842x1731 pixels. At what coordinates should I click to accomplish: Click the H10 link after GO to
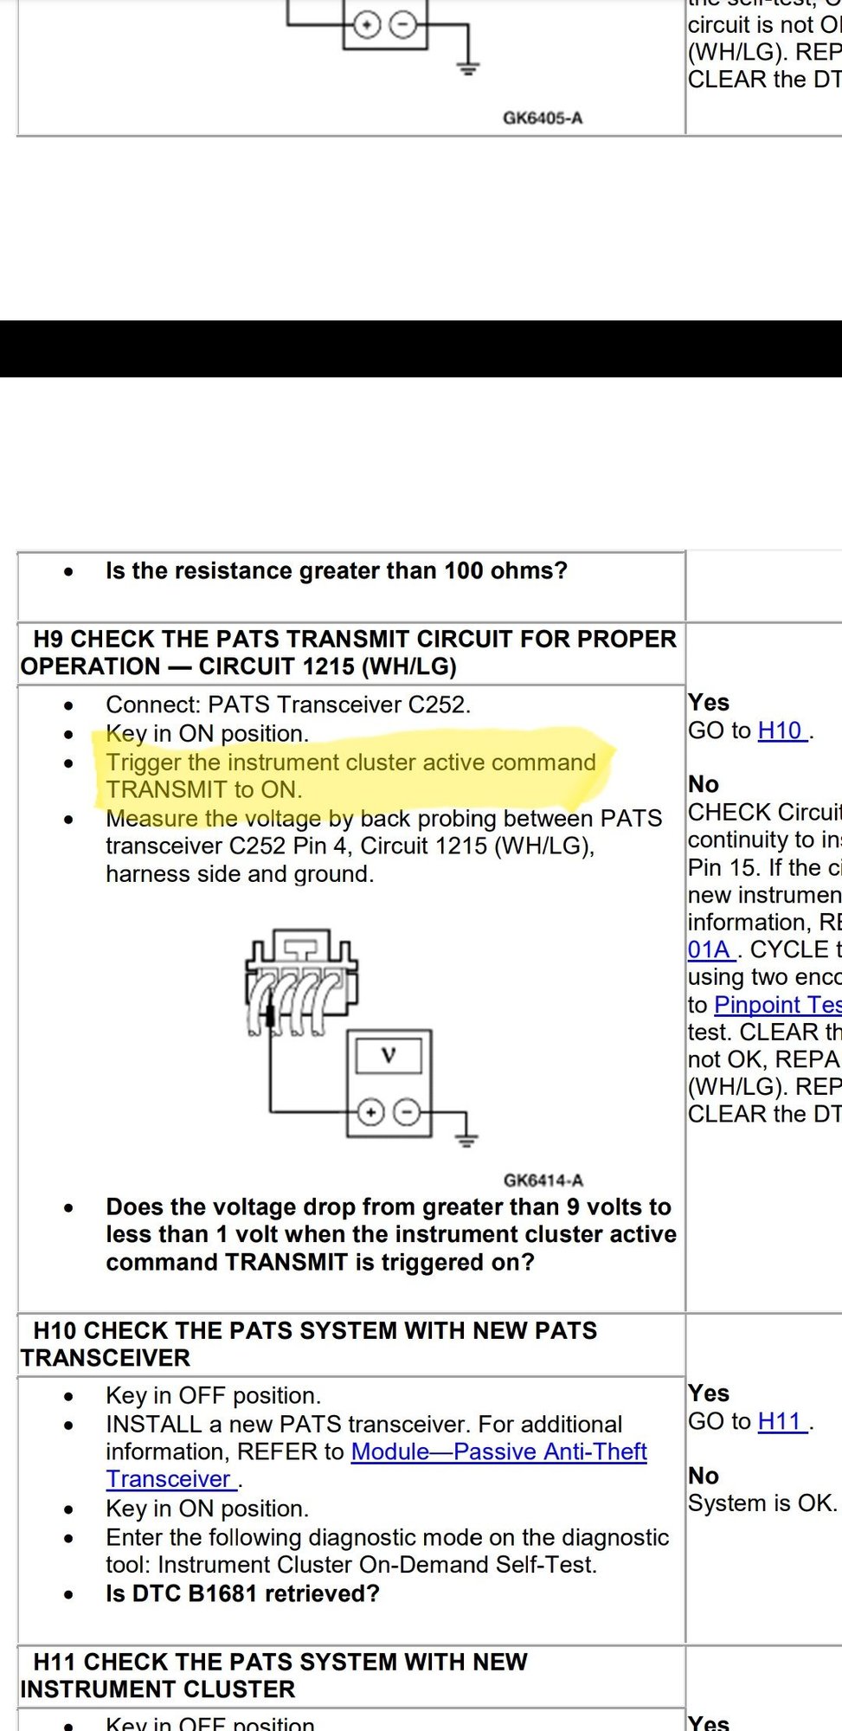tap(781, 730)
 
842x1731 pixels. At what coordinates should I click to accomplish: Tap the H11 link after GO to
tap(781, 1421)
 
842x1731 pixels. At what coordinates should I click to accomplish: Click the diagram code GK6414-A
tap(543, 1180)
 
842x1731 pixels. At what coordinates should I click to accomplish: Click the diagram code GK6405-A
tap(543, 118)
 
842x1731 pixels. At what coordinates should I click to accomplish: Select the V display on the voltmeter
tap(389, 1055)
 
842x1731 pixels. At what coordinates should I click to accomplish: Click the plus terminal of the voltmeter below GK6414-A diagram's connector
tap(370, 1112)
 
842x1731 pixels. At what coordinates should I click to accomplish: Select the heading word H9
tap(49, 639)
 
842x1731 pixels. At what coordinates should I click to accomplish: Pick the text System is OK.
tap(762, 1503)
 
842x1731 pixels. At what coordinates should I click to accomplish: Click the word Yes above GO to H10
tap(709, 702)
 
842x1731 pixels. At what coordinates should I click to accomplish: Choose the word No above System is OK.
tap(704, 1476)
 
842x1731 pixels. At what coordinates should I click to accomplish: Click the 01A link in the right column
tap(710, 949)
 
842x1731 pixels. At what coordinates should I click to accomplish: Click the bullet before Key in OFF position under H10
tap(69, 1397)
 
